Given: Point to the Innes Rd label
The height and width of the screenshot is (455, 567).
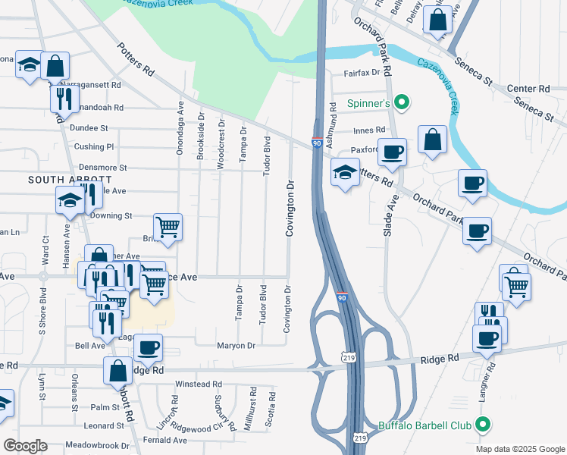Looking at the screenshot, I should point(369,130).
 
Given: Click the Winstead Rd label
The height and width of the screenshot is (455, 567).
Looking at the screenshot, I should point(198,384).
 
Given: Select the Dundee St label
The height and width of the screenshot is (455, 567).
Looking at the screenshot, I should point(89,129).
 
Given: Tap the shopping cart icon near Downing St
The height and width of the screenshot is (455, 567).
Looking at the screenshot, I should point(168,226).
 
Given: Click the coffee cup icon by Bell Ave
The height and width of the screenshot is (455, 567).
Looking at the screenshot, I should point(149,347).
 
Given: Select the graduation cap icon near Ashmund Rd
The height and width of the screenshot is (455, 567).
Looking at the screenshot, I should point(345,173).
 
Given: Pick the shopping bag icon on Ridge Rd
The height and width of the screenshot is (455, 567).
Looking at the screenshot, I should point(118,371).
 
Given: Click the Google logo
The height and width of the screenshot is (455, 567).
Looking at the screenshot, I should point(26,446).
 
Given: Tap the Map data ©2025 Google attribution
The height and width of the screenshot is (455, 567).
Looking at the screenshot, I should point(519,449).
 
